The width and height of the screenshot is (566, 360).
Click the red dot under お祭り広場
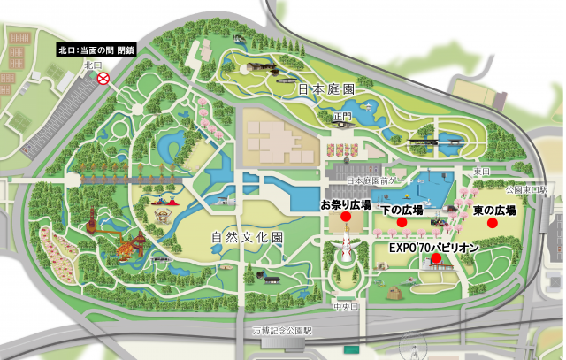pos(346,222)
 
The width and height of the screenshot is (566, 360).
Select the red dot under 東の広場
pos(493,223)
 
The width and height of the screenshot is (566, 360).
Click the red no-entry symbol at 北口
pos(103,78)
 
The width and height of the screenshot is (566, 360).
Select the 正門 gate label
pos(343,116)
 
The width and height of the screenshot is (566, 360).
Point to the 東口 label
pos(481,171)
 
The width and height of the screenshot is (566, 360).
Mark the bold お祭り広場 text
pos(346,204)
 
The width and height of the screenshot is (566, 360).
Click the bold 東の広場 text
pos(494,210)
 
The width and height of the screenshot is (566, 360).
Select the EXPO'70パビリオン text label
pos(434,248)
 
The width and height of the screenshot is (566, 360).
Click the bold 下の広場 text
pos(402,210)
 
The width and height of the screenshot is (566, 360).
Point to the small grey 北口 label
pos(94,65)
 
